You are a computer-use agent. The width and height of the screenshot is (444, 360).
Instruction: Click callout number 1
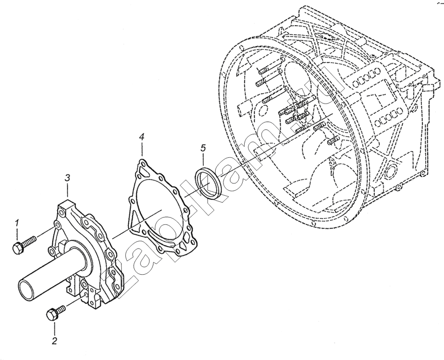[x=17, y=223]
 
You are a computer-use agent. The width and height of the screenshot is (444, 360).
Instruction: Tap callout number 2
[x=54, y=340]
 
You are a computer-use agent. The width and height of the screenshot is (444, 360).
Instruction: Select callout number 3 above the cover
[x=68, y=178]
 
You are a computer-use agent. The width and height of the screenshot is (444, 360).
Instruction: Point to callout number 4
[x=142, y=137]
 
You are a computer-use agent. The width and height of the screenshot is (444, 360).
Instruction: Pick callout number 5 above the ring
[x=203, y=148]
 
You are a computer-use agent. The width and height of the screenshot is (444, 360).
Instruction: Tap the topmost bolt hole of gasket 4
[x=143, y=162]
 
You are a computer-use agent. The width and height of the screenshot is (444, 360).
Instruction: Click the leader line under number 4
[x=142, y=149]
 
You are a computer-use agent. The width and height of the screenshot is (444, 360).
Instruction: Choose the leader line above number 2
[x=54, y=328]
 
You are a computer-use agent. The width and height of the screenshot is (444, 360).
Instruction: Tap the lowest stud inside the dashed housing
[x=333, y=140]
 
